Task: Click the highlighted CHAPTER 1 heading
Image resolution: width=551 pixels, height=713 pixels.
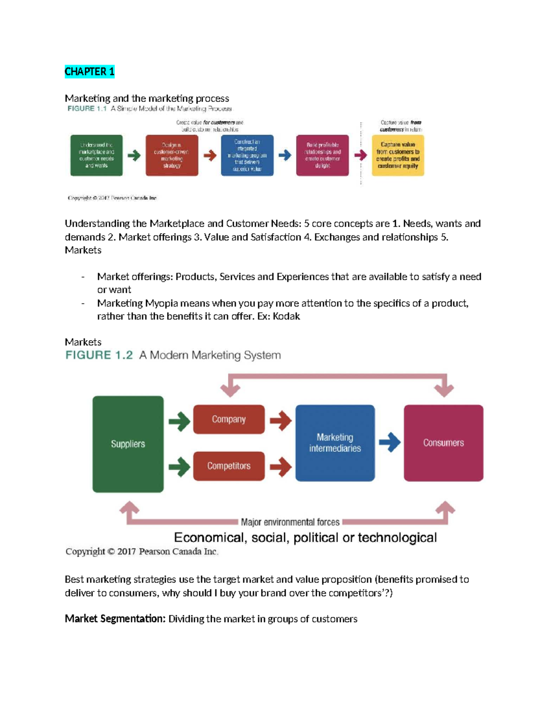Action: click(89, 72)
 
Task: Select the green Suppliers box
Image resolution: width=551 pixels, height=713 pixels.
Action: click(128, 444)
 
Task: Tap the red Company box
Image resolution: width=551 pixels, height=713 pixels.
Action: click(229, 419)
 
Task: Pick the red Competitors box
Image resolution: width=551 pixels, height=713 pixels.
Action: click(229, 466)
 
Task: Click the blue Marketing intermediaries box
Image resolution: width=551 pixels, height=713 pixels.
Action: click(335, 443)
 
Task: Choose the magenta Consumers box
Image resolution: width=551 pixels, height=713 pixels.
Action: click(443, 443)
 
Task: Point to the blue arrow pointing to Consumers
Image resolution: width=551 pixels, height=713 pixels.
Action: click(389, 443)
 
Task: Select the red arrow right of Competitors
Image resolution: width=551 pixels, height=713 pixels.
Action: click(280, 467)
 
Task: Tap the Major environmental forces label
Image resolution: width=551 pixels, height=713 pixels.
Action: click(290, 522)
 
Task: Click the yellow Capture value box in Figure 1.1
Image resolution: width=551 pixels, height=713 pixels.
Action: click(398, 155)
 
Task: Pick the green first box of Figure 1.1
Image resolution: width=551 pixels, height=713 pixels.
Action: click(96, 155)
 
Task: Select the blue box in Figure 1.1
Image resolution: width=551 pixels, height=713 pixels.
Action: click(247, 155)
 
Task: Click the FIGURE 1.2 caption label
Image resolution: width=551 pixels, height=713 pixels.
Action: click(99, 355)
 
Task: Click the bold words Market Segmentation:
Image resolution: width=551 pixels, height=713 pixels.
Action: click(115, 619)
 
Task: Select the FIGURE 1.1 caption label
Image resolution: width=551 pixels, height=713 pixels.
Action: click(87, 109)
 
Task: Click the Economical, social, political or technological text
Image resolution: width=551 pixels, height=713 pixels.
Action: click(305, 538)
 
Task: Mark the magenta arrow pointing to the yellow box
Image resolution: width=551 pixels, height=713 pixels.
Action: click(360, 155)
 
